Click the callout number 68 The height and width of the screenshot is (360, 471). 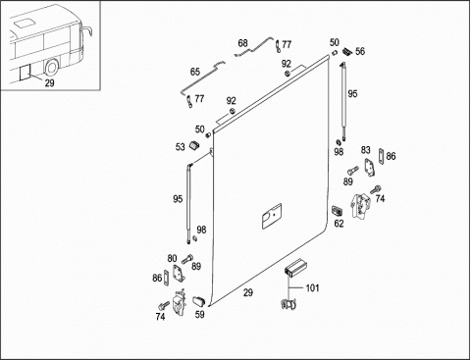(x=242, y=43)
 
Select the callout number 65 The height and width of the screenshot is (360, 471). (x=195, y=72)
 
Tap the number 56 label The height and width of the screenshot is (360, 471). (x=360, y=51)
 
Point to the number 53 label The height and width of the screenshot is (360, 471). (x=180, y=147)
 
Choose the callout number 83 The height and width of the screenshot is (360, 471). (x=366, y=150)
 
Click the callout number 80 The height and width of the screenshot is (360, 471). (x=172, y=259)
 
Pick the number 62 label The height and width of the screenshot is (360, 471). (x=339, y=224)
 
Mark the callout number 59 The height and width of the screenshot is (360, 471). (x=199, y=315)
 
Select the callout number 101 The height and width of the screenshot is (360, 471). (x=312, y=288)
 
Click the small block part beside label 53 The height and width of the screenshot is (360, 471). (x=194, y=145)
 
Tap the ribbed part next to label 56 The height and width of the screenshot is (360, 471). (x=347, y=52)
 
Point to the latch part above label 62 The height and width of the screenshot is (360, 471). (x=337, y=211)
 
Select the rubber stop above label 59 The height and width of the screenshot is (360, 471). (x=198, y=301)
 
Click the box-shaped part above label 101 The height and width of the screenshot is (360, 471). (x=294, y=267)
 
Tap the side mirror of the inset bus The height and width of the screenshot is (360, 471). (x=86, y=32)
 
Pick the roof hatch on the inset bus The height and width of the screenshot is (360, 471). (x=24, y=24)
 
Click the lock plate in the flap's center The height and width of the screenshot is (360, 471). (x=272, y=216)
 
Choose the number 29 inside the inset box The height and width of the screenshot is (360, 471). (x=49, y=83)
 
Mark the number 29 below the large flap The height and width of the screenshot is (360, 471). (x=248, y=292)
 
